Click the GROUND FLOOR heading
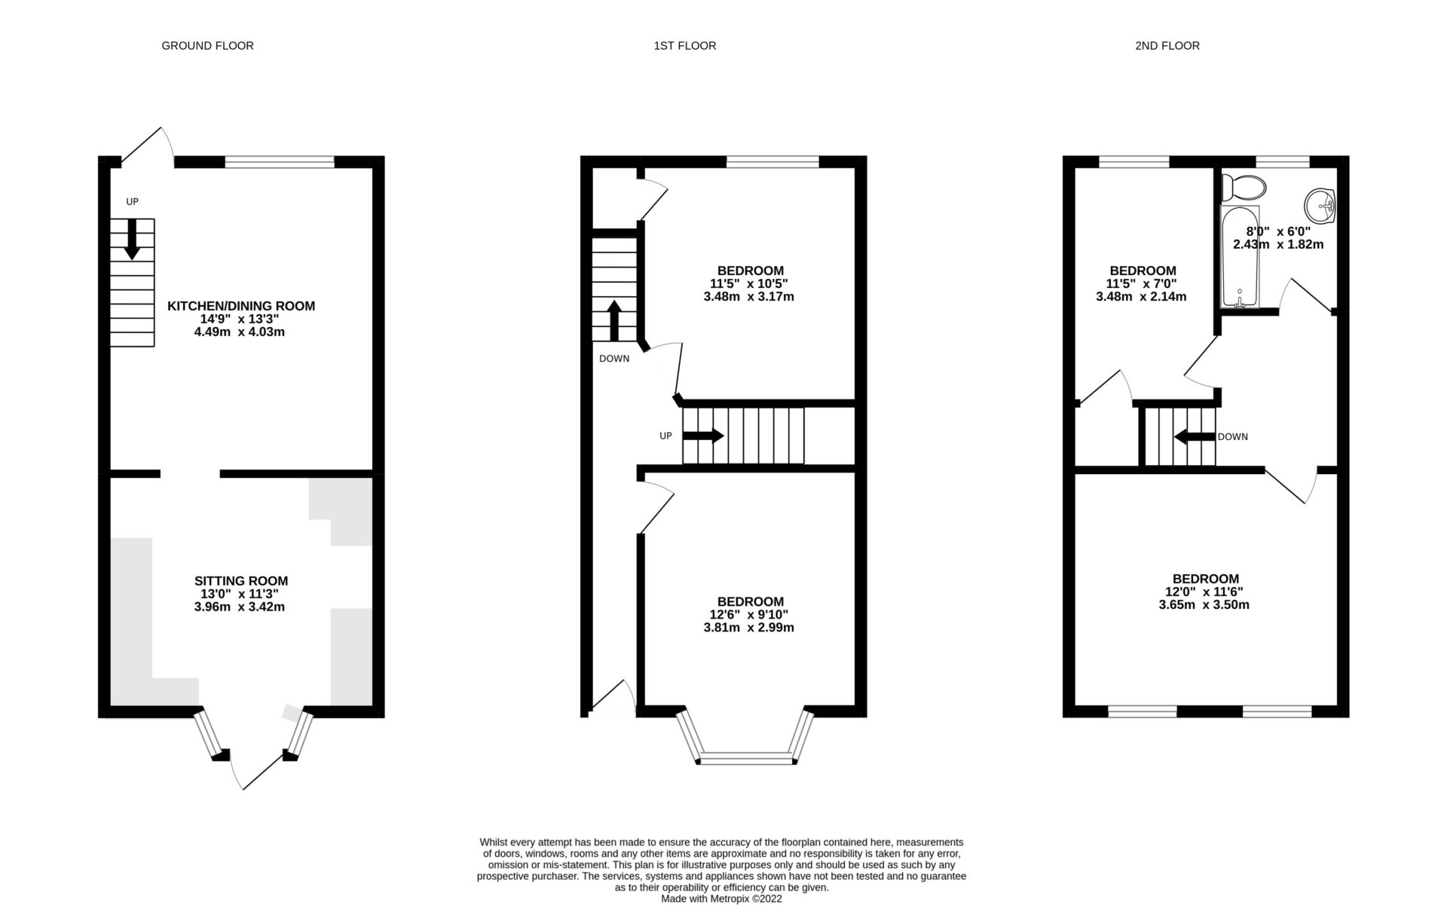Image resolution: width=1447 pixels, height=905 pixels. (x=207, y=46)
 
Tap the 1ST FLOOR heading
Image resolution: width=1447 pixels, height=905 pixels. (x=684, y=46)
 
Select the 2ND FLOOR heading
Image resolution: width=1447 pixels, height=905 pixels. (x=1167, y=46)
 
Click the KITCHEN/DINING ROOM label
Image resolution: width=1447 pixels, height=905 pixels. (x=240, y=306)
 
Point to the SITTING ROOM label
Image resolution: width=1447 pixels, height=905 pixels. (x=240, y=581)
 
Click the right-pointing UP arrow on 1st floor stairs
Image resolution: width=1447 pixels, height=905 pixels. (x=702, y=436)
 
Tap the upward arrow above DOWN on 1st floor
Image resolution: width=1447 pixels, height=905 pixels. (x=614, y=320)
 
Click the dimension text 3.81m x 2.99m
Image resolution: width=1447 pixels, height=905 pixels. (x=744, y=628)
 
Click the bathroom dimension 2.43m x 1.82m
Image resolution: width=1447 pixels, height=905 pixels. (x=1277, y=244)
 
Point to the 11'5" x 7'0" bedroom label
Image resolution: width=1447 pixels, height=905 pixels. (x=1142, y=284)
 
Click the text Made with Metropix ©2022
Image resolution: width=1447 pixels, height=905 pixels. (x=721, y=899)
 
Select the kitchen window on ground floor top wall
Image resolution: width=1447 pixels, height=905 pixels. (x=279, y=161)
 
